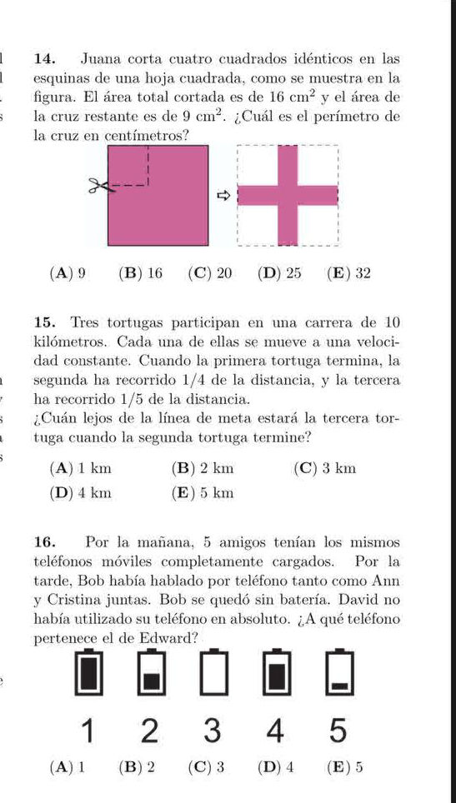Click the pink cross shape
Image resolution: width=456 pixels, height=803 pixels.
(x=288, y=195)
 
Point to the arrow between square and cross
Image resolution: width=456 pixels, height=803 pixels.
(x=223, y=196)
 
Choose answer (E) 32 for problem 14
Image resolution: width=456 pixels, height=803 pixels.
(x=349, y=272)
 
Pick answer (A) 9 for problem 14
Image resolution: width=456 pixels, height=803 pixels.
(x=68, y=272)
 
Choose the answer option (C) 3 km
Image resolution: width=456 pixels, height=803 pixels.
(x=325, y=468)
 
